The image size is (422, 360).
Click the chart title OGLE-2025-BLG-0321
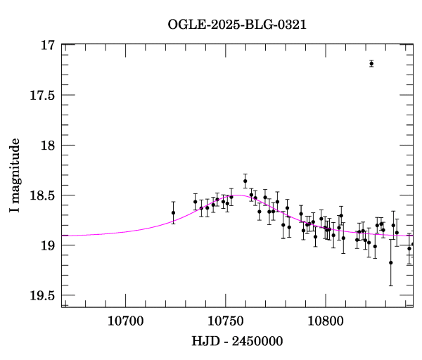pyautogui.click(x=237, y=25)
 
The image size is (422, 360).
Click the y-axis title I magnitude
pyautogui.click(x=15, y=176)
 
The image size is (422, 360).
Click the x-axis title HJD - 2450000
pyautogui.click(x=237, y=341)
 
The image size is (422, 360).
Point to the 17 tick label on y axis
pyautogui.click(x=48, y=46)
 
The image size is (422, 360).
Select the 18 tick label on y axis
pyautogui.click(x=48, y=146)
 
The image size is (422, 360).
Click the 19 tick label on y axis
pyautogui.click(x=48, y=245)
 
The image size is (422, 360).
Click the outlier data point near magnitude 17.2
pyautogui.click(x=371, y=63)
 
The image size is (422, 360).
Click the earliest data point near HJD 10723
pyautogui.click(x=173, y=212)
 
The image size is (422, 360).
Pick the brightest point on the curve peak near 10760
pyautogui.click(x=245, y=181)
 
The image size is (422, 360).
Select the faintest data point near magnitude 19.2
pyautogui.click(x=391, y=262)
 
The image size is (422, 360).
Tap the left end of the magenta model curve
pyautogui.click(x=63, y=235)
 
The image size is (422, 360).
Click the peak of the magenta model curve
pyautogui.click(x=239, y=195)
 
